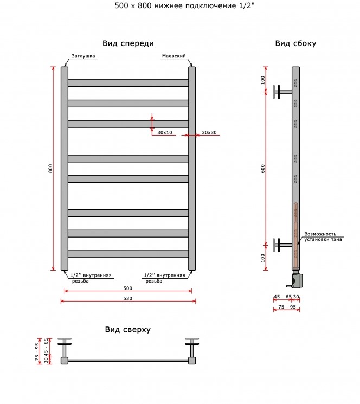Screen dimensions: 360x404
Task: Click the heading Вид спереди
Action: coord(128,43)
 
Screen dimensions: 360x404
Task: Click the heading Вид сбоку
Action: coord(295,43)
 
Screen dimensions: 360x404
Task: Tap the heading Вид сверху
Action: coord(128,330)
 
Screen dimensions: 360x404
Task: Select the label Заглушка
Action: coord(83,56)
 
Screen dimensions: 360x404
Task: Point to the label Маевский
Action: coord(174,56)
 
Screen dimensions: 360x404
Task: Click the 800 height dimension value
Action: coord(50,169)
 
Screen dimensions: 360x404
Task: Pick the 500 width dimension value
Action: coord(128,288)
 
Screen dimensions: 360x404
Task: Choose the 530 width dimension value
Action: coord(128,298)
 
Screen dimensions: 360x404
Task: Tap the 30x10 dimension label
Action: coord(165,132)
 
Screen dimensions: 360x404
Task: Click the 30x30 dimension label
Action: coord(209,132)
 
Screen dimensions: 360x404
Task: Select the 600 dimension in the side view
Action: coord(262,169)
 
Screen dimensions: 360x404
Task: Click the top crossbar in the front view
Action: coord(128,83)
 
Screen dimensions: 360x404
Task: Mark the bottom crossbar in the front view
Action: coord(128,254)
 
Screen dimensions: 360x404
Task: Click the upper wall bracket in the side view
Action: coord(282,92)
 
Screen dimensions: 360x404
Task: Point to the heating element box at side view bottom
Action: coord(296,280)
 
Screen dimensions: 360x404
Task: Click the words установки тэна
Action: coord(323,239)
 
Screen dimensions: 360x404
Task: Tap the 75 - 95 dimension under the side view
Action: coord(287,307)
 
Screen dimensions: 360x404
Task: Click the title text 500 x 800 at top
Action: coord(133,5)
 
